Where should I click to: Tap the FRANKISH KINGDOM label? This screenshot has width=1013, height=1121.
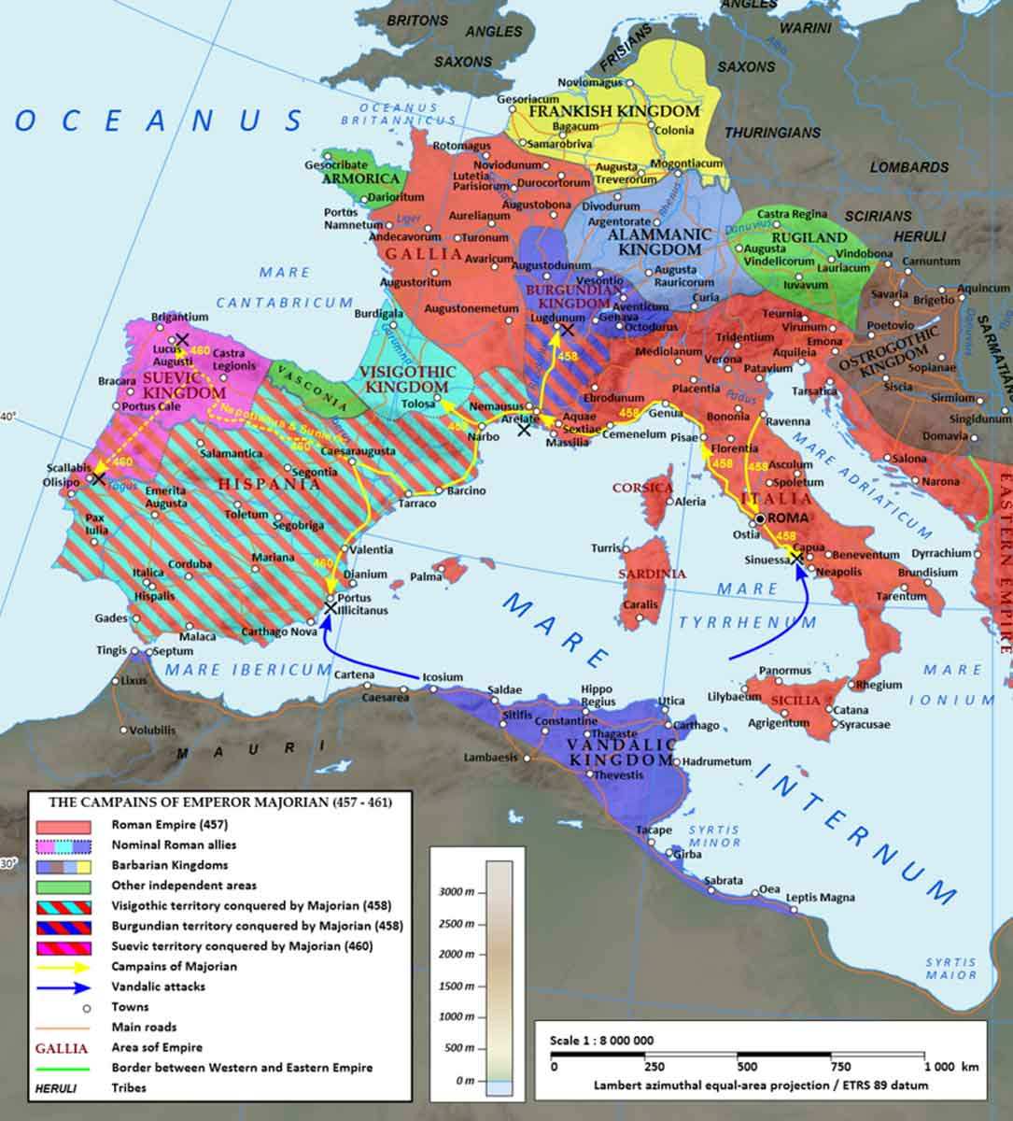point(613,111)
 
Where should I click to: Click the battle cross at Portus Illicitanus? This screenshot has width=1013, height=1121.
point(330,607)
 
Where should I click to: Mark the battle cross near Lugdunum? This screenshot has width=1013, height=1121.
point(567,330)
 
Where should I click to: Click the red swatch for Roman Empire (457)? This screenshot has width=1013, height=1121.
point(63,826)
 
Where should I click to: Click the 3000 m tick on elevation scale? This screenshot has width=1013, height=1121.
point(459,892)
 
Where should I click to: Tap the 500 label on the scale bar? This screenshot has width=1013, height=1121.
point(746,1066)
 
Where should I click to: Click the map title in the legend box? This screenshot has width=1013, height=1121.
point(219,802)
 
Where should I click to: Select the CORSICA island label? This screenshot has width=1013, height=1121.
point(642,488)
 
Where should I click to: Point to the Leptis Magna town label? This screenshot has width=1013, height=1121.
point(821,898)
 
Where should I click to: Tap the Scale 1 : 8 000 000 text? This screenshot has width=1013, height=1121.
point(601,1040)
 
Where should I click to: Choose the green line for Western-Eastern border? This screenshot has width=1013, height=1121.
point(63,1069)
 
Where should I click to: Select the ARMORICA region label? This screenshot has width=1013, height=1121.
point(360,178)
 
